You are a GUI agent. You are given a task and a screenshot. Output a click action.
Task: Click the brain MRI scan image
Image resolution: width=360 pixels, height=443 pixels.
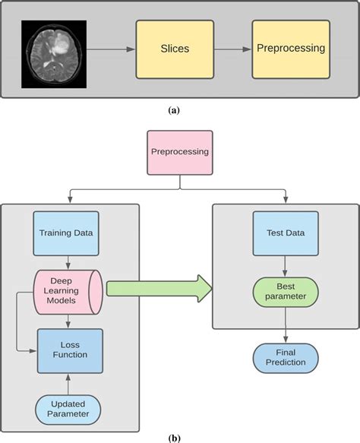pos(54,54)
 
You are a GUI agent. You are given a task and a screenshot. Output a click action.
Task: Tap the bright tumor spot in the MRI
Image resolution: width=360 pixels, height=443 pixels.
pos(61,46)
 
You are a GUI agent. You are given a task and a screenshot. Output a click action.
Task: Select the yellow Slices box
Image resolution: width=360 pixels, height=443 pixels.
pos(175,49)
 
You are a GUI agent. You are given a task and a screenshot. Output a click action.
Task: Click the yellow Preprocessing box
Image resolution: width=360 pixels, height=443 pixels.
pos(291,49)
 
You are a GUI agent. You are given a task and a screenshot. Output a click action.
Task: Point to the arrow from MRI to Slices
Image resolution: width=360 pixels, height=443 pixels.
pos(111,49)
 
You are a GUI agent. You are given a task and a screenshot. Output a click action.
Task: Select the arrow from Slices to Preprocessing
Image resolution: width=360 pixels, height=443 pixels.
pos(233,49)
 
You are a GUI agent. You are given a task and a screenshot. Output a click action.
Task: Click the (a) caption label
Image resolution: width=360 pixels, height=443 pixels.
pos(174,110)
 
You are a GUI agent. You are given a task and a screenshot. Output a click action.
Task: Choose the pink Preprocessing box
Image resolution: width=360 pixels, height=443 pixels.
pos(180,153)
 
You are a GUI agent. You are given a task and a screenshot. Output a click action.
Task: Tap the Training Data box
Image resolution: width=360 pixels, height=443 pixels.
pos(66,233)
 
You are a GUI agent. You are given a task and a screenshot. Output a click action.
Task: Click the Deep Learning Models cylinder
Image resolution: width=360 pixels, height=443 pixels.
pos(68,292)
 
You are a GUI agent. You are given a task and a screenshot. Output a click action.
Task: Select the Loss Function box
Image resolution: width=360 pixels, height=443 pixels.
pos(70,351)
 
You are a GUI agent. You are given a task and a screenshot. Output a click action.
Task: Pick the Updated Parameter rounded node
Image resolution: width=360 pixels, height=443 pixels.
pos(68,410)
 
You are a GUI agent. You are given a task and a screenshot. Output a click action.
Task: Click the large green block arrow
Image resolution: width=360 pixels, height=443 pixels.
pos(159,289)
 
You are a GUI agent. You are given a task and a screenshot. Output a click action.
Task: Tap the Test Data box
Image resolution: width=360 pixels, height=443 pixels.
pos(286,233)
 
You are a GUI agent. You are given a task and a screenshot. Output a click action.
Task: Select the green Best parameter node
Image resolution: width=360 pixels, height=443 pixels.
pos(286,292)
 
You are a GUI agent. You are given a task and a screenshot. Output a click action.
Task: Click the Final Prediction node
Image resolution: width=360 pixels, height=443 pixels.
pos(286,358)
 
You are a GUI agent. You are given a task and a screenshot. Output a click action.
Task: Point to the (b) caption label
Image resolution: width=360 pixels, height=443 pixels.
pos(174,438)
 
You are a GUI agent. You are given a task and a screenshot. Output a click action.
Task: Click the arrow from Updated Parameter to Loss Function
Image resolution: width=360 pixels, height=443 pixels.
pos(68,384)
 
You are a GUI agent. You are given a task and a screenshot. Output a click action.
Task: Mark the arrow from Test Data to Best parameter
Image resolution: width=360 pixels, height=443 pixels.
pos(285,267)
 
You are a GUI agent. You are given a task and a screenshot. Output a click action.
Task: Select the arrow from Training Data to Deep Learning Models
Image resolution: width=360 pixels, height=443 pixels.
pos(68,263)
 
